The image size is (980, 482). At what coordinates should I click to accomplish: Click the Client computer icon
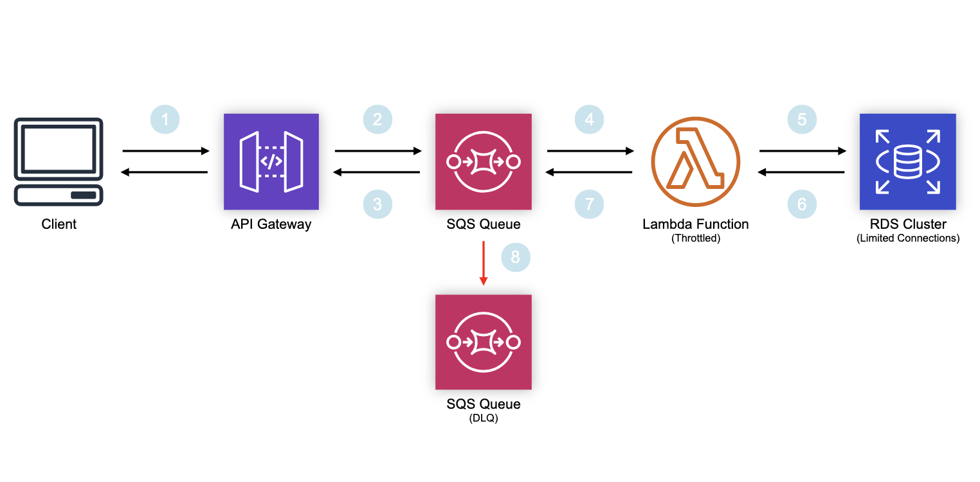(59, 162)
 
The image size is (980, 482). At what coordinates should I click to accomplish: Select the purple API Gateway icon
(271, 162)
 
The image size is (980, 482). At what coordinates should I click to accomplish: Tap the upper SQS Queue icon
(484, 162)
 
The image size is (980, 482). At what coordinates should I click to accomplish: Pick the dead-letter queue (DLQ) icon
(484, 342)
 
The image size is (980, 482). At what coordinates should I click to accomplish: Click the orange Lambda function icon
(695, 162)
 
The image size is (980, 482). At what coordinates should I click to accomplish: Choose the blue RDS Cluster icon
(907, 162)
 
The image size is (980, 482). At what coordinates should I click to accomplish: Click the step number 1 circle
(165, 120)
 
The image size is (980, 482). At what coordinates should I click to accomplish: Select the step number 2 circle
(377, 120)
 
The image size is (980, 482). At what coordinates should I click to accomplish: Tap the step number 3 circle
(377, 204)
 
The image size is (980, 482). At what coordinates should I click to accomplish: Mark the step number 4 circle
(590, 120)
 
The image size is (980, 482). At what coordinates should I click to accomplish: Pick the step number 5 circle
(802, 120)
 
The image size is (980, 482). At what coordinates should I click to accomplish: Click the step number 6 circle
(802, 204)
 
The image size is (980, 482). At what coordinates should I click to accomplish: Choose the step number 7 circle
(590, 204)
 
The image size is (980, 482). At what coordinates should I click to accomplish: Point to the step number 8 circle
(516, 258)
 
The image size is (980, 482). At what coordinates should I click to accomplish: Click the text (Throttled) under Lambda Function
(695, 238)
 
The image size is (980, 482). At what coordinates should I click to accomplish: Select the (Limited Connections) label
(907, 238)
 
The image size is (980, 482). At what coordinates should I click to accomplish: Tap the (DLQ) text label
(484, 418)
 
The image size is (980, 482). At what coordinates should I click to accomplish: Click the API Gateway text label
(271, 224)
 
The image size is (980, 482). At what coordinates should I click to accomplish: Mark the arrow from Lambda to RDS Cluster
(802, 151)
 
